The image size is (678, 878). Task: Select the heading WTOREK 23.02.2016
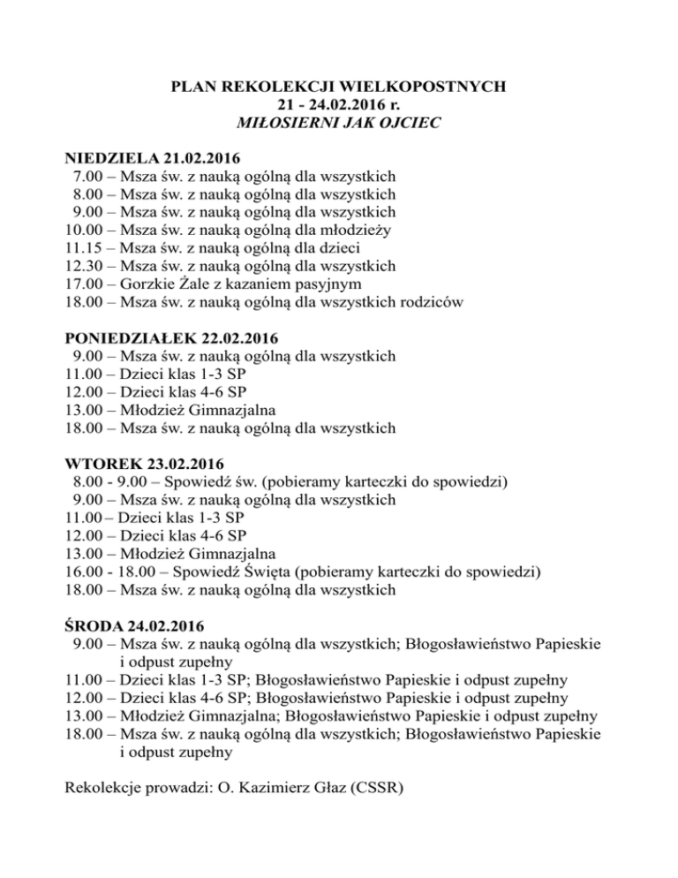[x=145, y=464]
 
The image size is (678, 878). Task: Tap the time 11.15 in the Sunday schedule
[x=85, y=248]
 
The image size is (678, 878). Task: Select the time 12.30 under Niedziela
[x=85, y=266]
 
